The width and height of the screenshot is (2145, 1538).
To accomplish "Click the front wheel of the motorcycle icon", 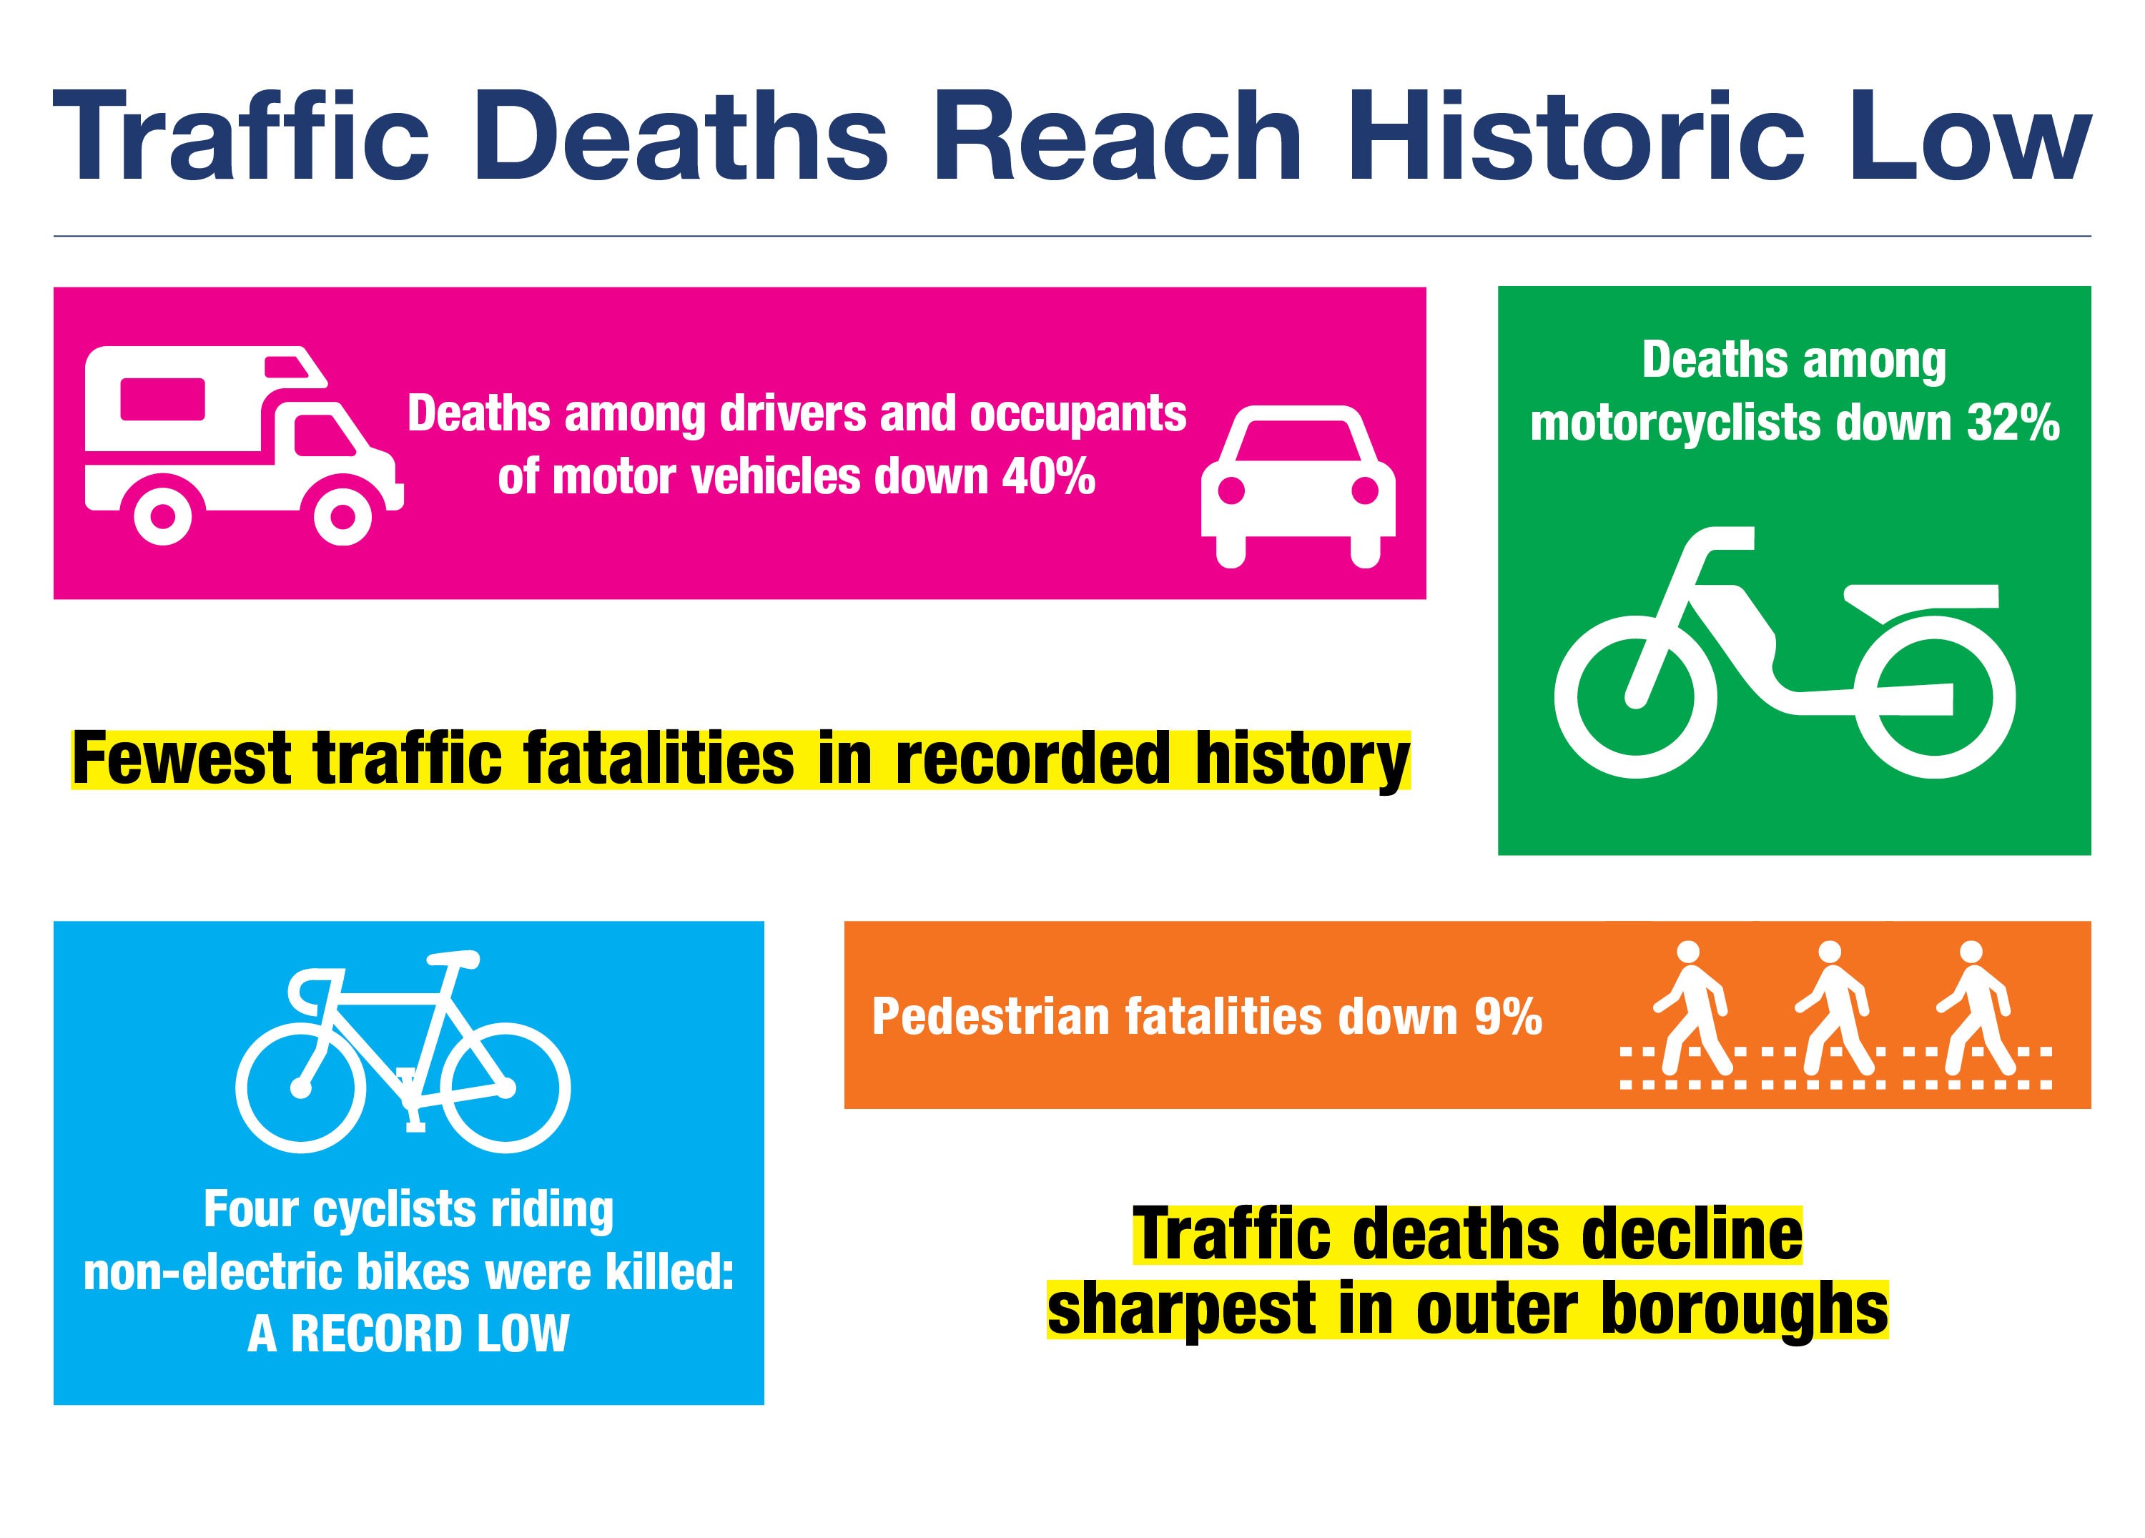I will (1635, 696).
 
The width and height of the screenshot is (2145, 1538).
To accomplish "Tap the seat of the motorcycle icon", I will (1920, 598).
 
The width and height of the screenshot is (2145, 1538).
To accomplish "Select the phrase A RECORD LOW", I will (408, 1334).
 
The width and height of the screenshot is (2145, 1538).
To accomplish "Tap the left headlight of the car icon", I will (1231, 490).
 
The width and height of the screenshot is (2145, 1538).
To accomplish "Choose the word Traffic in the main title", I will (241, 137).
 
